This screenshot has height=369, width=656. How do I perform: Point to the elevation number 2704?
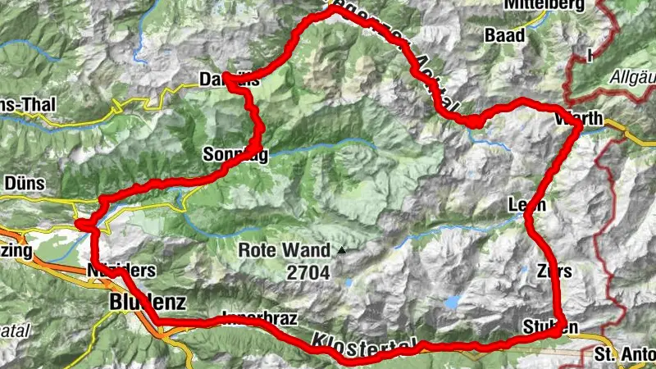(307, 271)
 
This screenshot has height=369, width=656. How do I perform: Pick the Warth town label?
(579, 120)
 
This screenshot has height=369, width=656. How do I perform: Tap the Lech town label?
(526, 205)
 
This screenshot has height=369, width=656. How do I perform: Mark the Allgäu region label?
(632, 78)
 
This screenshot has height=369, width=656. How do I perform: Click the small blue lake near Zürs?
(453, 302)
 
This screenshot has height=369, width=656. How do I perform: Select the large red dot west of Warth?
(475, 121)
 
